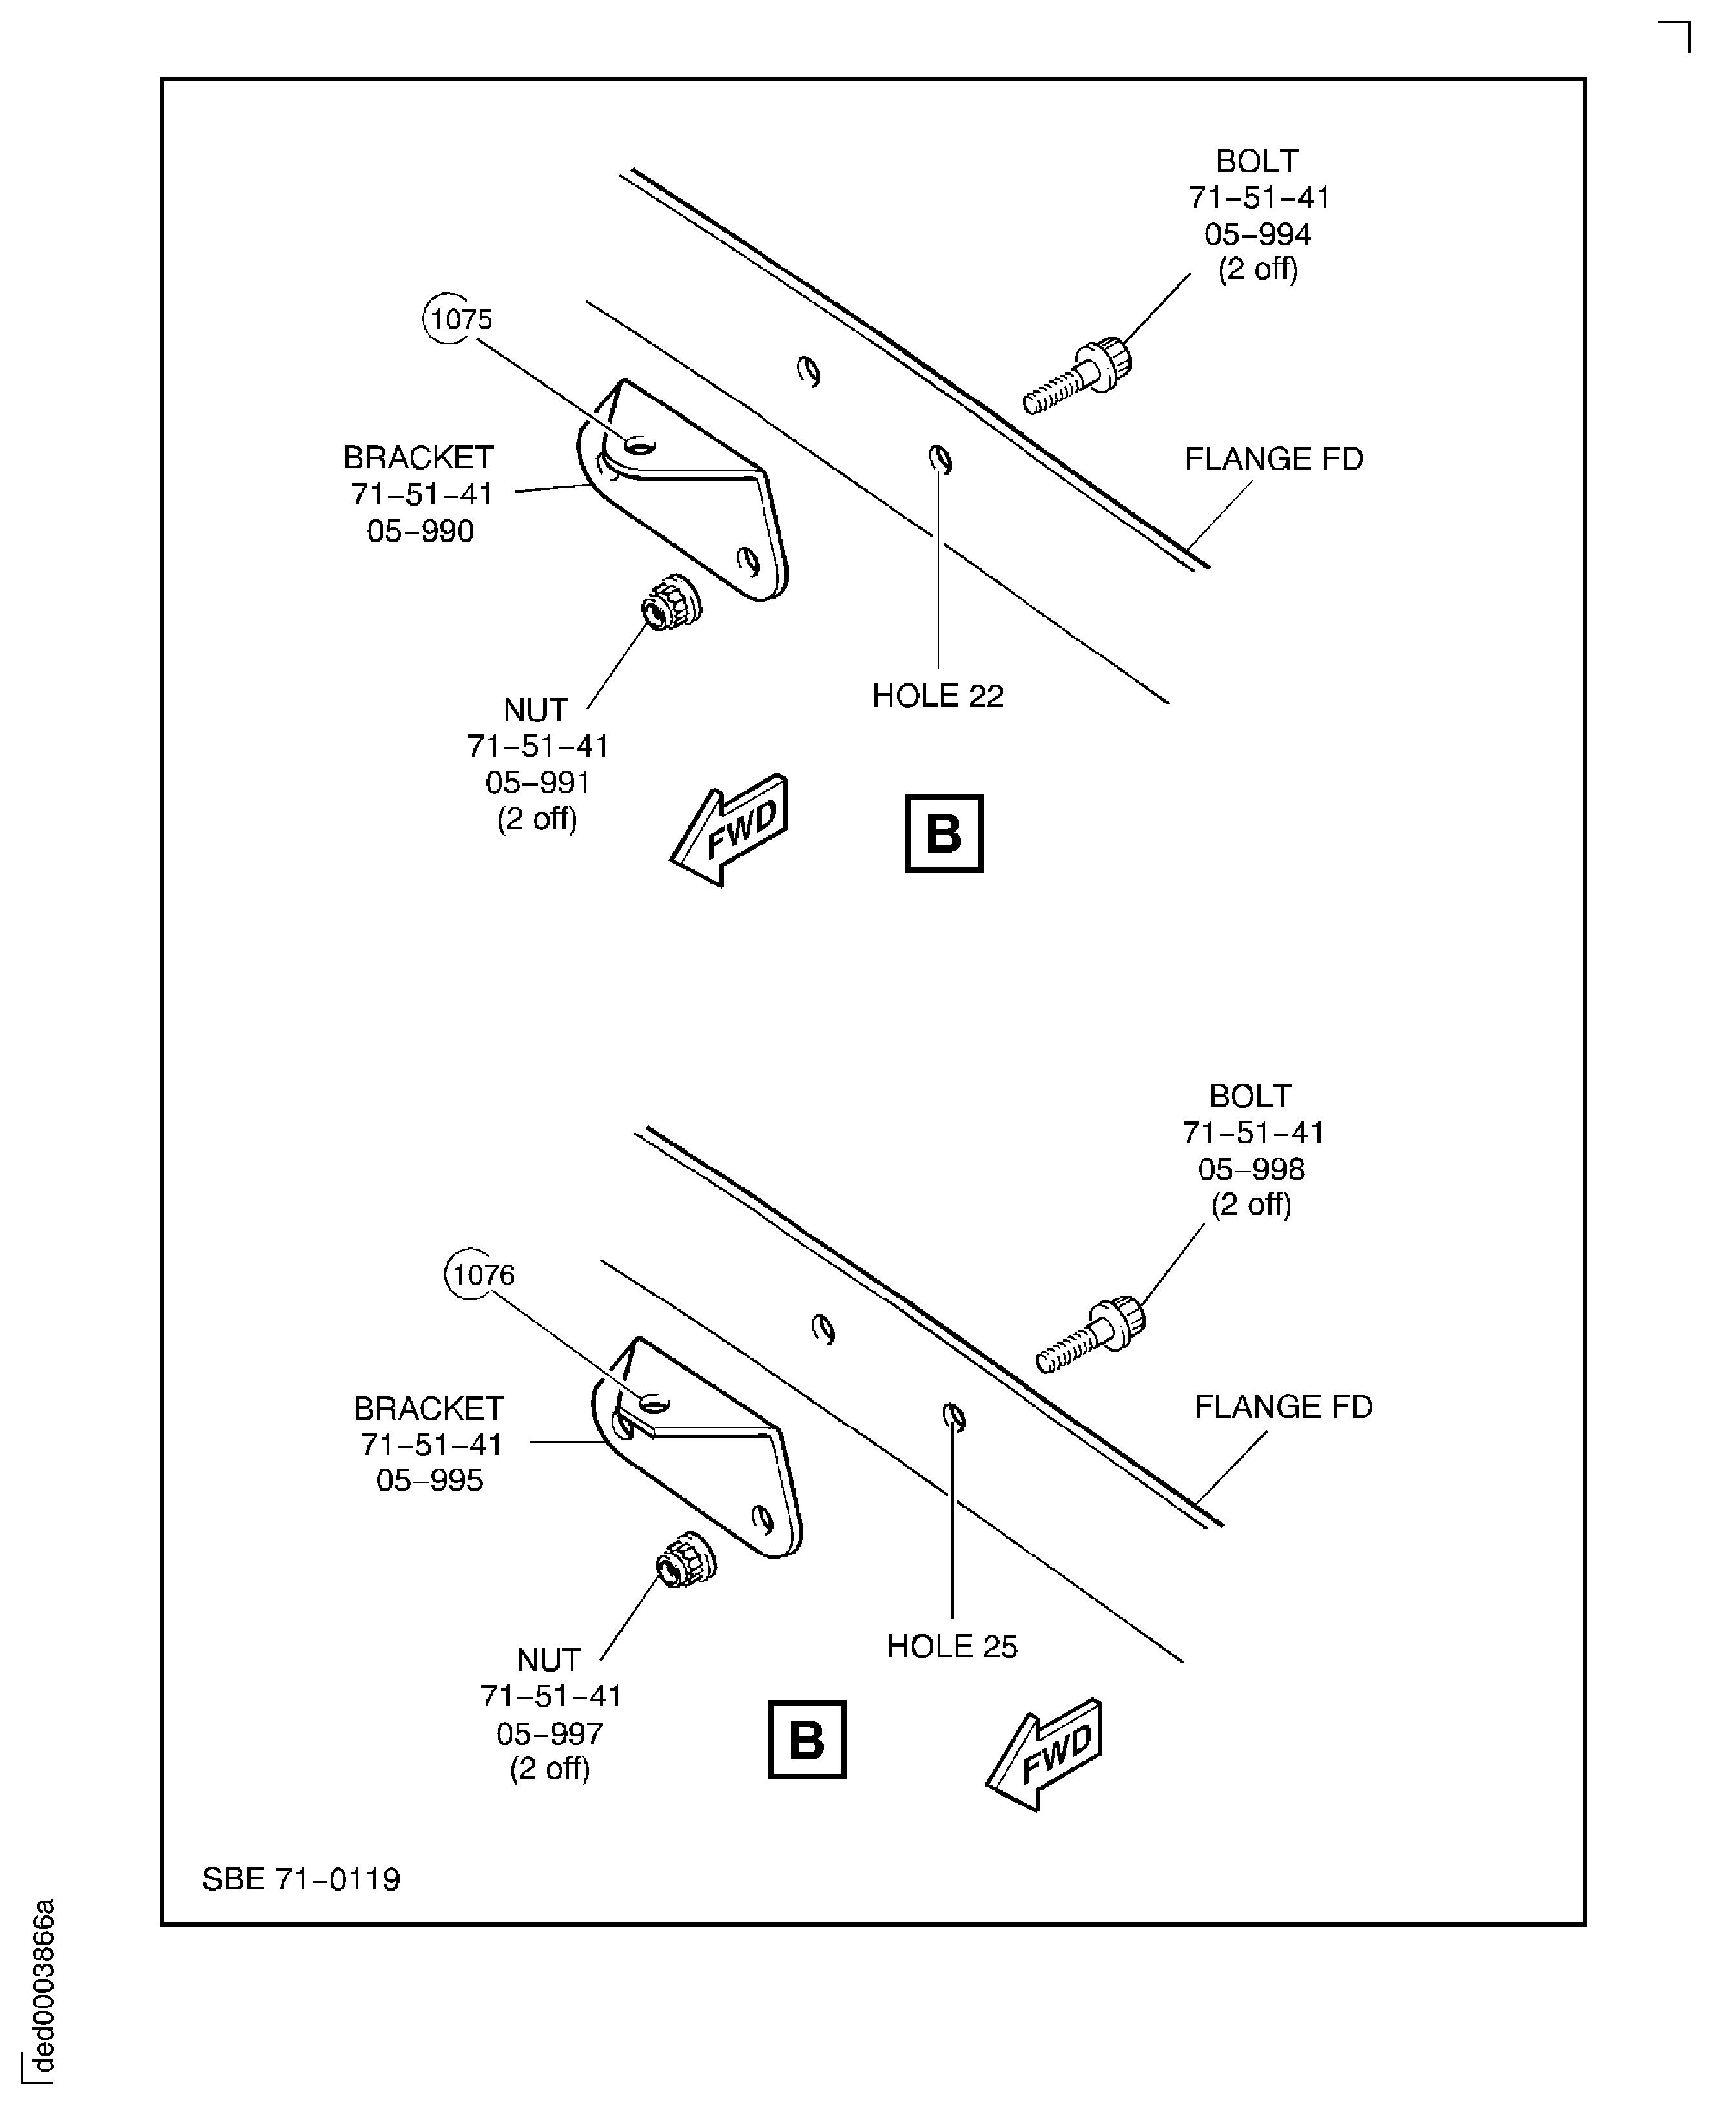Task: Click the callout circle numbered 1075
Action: pos(449,318)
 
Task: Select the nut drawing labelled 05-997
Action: pos(685,1561)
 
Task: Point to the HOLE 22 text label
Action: pos(937,696)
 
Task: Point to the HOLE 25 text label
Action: pos(952,1646)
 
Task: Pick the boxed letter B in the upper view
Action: pos(944,833)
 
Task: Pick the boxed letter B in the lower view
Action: pos(807,1740)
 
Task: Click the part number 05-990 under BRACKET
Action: pos(420,532)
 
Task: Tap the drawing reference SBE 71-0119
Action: pos(301,1879)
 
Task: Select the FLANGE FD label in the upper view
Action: pos(1273,459)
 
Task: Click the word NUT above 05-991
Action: pos(535,710)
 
